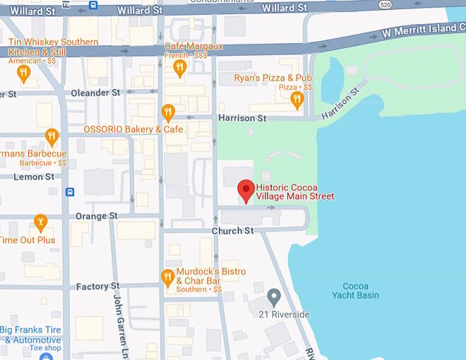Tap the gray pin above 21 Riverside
[x=274, y=296]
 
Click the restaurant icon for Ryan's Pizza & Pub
[x=297, y=100]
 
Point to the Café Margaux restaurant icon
[x=179, y=68]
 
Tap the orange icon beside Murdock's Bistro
[x=167, y=277]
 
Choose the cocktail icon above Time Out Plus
[x=40, y=223]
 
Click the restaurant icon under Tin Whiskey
[x=23, y=73]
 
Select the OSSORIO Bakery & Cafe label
[x=133, y=129]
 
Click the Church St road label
[x=232, y=231]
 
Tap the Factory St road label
[x=97, y=286]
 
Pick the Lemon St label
[x=33, y=176]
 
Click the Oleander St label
[x=95, y=92]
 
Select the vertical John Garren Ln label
[x=119, y=325]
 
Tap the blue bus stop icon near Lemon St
[x=70, y=192]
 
